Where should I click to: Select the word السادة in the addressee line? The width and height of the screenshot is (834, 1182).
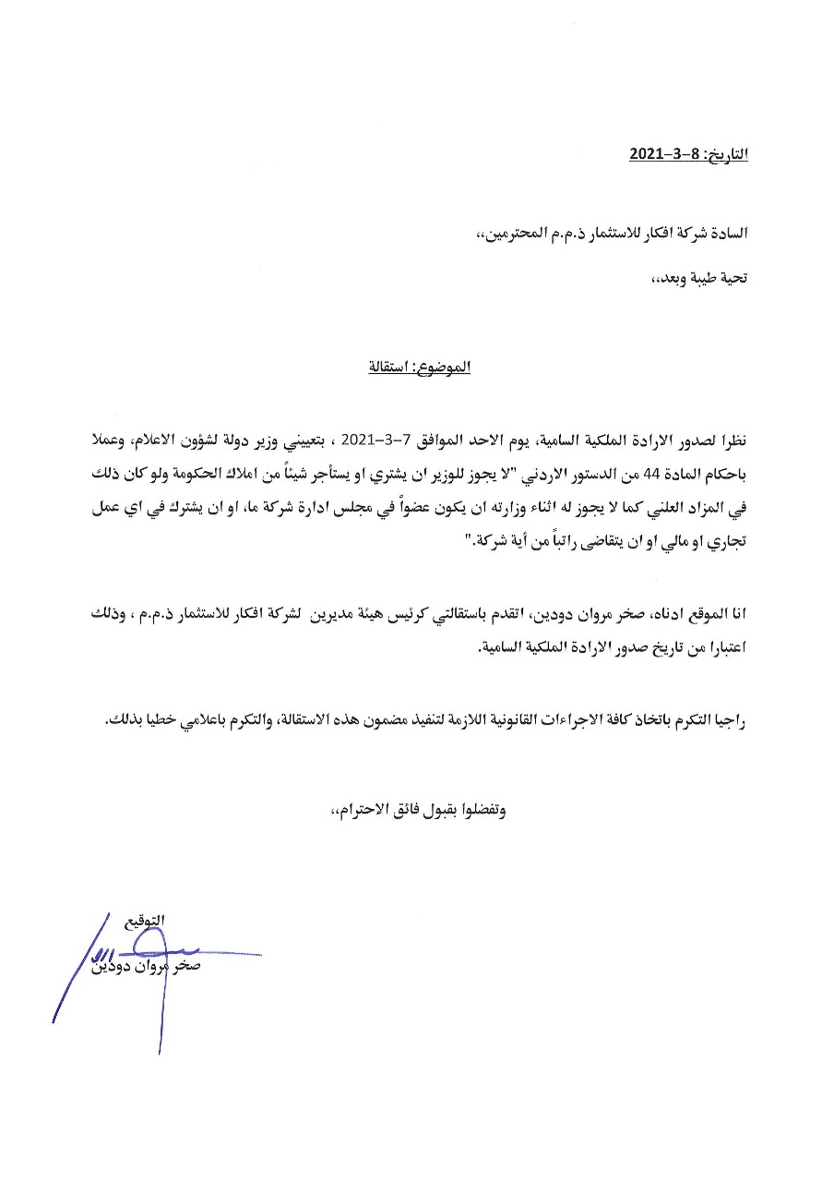click(726, 234)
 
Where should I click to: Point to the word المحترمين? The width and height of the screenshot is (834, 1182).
click(510, 234)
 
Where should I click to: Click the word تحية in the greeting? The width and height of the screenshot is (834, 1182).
click(730, 277)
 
